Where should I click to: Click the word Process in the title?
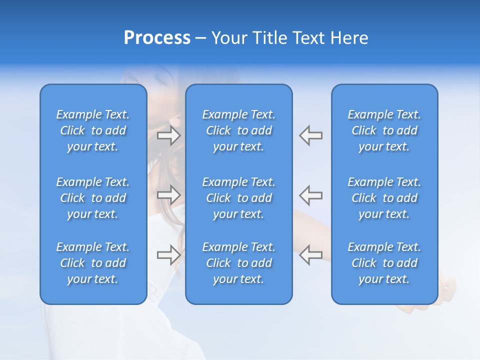(157, 38)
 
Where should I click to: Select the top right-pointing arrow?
(169, 135)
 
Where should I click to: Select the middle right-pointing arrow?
(169, 194)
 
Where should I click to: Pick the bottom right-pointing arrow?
(169, 254)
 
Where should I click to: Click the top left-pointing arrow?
(310, 135)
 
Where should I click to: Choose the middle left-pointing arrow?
(310, 194)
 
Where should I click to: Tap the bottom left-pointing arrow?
(310, 254)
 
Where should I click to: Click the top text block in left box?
(93, 130)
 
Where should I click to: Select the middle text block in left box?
(93, 198)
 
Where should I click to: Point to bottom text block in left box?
(93, 263)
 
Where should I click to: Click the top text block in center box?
(238, 130)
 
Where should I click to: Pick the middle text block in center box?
(238, 198)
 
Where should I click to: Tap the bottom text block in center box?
(238, 263)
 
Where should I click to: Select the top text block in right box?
(384, 130)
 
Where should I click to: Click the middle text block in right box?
(384, 198)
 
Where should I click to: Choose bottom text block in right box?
(384, 263)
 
